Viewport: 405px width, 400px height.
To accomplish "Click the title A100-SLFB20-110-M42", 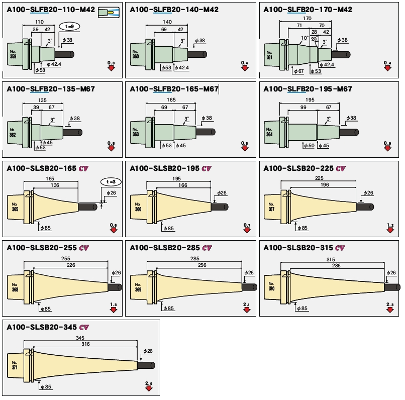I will point(51,10).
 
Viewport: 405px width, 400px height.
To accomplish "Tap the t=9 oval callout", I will point(69,26).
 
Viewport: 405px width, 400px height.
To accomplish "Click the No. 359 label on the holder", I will point(13,54).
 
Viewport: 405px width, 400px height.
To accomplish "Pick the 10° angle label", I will point(305,38).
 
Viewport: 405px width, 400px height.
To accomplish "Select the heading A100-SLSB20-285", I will point(164,248).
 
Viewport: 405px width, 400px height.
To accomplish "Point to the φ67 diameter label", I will point(298,71).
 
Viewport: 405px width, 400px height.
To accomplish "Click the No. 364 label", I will point(269,133).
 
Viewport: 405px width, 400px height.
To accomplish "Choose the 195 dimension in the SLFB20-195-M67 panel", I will point(310,101).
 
